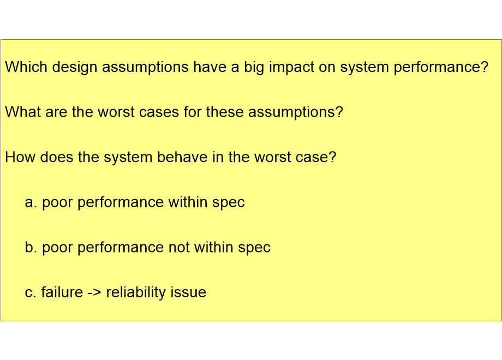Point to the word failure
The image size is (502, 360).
click(62, 293)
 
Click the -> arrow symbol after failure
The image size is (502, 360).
click(94, 293)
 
